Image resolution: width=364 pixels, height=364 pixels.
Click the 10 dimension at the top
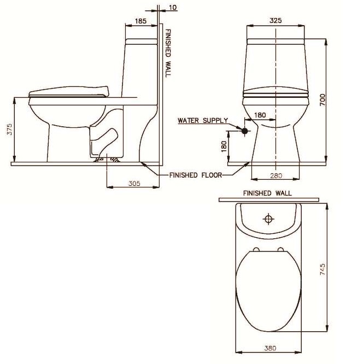[x=173, y=8]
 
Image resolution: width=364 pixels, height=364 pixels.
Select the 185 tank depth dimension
[x=140, y=21]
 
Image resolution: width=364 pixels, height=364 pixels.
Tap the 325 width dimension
[x=275, y=20]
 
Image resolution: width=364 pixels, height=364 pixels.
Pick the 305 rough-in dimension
[x=134, y=184]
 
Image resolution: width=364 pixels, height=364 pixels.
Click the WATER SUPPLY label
[x=202, y=120]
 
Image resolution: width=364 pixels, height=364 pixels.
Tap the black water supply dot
[x=244, y=131]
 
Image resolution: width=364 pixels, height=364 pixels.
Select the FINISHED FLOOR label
[x=195, y=175]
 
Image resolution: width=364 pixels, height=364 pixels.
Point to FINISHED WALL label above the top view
[x=267, y=193]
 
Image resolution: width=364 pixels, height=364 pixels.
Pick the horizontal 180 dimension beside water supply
[x=260, y=115]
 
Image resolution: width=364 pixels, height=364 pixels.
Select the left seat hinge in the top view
[x=255, y=250]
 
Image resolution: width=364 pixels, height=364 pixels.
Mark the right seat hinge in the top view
[x=281, y=250]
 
